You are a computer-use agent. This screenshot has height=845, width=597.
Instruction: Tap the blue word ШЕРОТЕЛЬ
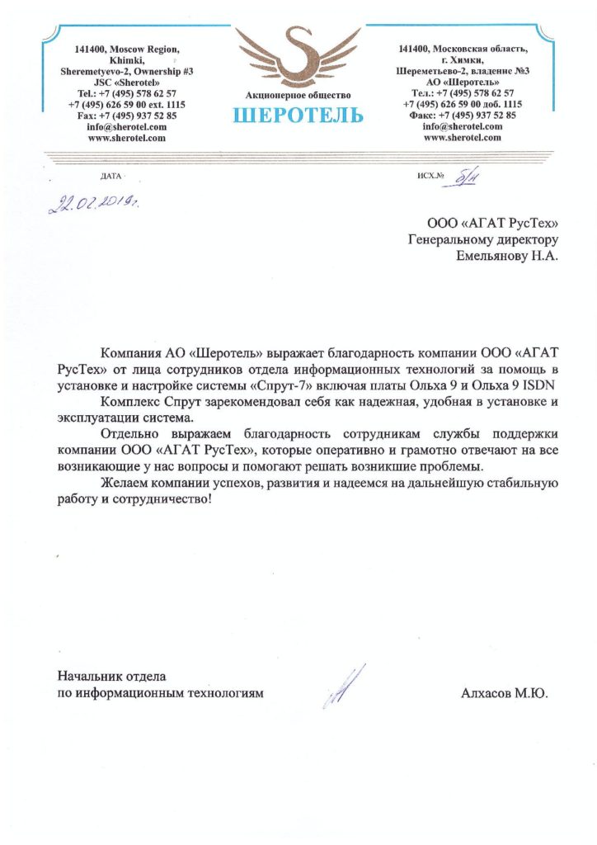(x=298, y=115)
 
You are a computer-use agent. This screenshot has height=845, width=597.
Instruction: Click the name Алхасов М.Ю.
(x=504, y=694)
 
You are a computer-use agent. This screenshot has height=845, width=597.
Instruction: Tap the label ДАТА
(x=110, y=177)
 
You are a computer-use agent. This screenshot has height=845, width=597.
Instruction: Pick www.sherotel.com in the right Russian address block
(x=463, y=138)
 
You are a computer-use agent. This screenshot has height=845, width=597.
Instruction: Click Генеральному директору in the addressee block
(x=484, y=239)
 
